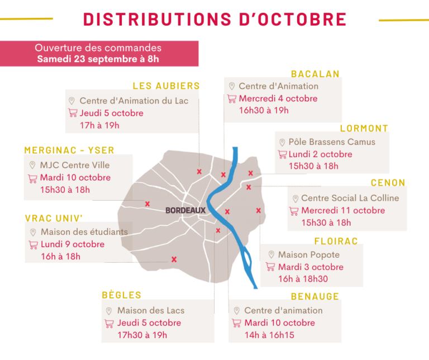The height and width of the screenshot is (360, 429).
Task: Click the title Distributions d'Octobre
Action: click(x=215, y=18)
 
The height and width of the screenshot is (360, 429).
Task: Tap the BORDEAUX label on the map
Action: click(x=185, y=211)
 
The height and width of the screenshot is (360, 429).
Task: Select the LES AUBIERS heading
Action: click(x=166, y=86)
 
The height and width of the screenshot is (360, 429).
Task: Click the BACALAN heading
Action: click(x=315, y=74)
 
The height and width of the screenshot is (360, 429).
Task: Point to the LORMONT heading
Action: click(x=364, y=129)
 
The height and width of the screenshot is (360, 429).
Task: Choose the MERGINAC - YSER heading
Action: click(x=69, y=150)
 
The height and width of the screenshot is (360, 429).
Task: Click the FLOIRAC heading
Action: click(x=336, y=241)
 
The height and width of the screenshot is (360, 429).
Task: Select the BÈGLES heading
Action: click(x=122, y=295)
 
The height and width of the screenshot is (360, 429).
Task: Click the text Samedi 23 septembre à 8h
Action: click(x=98, y=59)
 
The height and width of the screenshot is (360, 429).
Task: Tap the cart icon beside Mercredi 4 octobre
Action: click(x=232, y=99)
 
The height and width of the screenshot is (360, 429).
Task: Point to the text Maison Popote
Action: click(x=309, y=255)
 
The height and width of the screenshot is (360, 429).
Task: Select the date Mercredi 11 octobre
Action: click(x=343, y=211)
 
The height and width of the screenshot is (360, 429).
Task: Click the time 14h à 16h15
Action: click(x=269, y=335)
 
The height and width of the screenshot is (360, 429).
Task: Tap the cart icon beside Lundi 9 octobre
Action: click(x=32, y=245)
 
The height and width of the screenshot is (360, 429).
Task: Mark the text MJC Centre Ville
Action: click(x=75, y=165)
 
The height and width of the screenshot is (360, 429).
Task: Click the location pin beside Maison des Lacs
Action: click(x=109, y=311)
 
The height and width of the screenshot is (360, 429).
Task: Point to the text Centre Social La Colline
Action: click(x=350, y=198)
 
